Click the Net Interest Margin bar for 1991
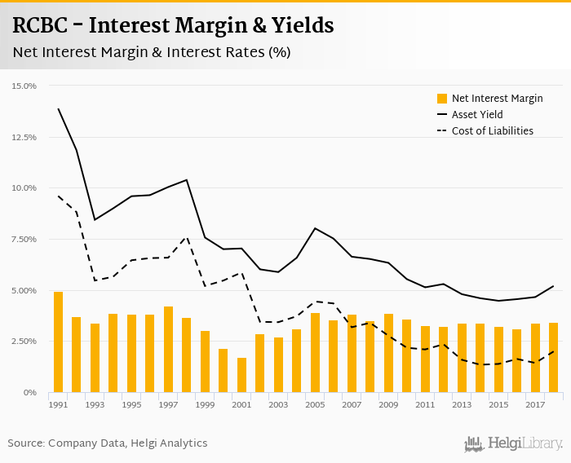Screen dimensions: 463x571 58,342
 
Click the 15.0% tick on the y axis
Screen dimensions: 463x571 24,86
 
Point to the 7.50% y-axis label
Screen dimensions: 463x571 24,239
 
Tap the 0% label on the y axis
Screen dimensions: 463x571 30,392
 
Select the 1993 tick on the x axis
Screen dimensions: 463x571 95,404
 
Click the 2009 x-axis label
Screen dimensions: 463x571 388,404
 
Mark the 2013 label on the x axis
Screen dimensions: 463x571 462,404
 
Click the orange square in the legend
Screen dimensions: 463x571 442,99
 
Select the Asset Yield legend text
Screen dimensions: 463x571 477,115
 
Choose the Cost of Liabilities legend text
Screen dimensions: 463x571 492,130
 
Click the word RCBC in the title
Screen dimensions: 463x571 40,25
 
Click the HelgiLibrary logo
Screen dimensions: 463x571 514,443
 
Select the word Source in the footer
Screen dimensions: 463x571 27,443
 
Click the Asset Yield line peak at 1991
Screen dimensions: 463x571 58,108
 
